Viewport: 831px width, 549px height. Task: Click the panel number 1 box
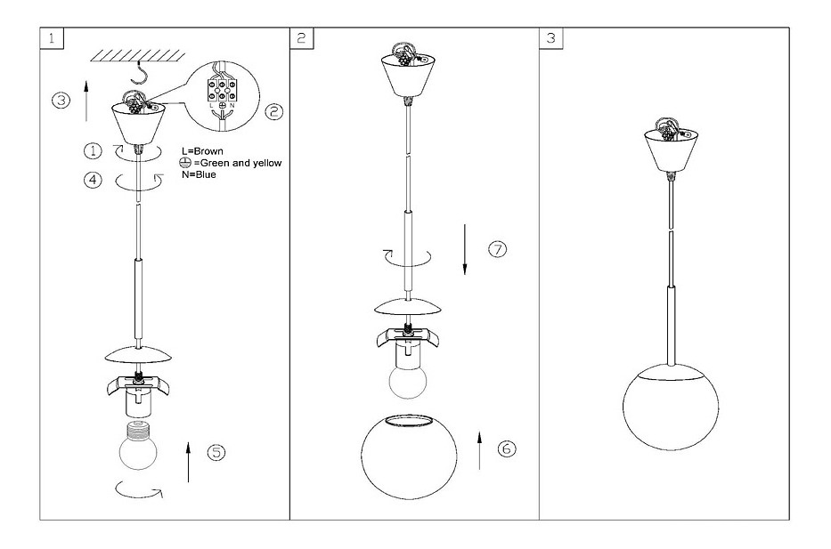52,38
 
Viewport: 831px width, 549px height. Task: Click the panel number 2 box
302,38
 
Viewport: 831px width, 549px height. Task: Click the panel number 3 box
551,38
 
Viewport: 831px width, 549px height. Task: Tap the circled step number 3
61,100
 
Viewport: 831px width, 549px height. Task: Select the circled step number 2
273,111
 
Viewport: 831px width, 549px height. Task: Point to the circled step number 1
93,150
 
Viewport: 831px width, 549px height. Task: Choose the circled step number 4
93,180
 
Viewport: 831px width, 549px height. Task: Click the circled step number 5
216,452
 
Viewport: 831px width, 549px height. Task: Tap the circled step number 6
507,449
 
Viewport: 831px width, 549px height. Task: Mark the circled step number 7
497,249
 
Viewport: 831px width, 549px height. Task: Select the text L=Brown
202,151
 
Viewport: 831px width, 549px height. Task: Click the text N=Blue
199,174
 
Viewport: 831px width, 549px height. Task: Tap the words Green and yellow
240,163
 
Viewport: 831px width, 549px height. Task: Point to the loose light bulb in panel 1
138,444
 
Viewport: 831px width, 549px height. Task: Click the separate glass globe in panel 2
409,456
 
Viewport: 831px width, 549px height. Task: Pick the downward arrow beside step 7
465,249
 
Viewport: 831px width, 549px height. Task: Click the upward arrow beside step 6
479,450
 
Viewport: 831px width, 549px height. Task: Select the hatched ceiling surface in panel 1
138,55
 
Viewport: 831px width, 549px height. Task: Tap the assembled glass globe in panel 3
671,407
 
